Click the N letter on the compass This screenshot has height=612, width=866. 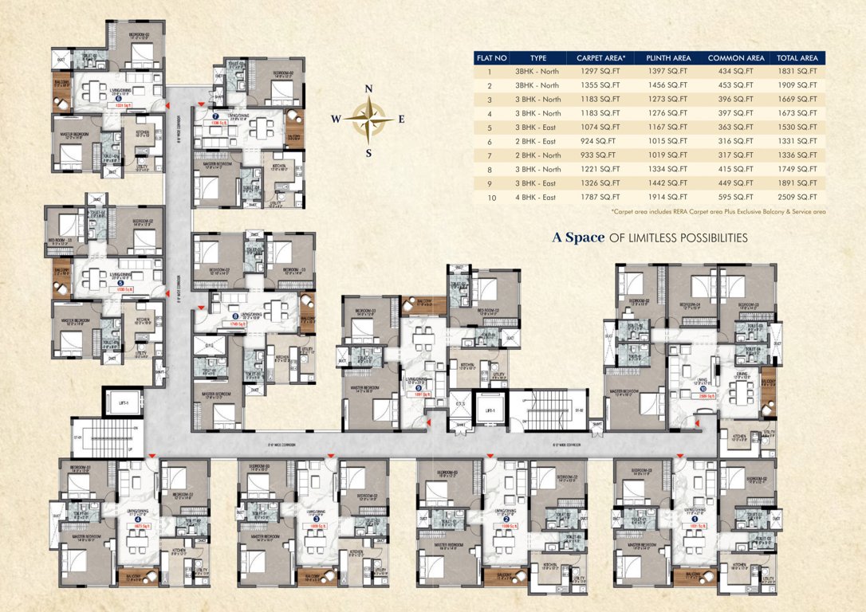click(x=368, y=90)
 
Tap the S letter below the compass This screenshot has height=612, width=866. click(x=368, y=154)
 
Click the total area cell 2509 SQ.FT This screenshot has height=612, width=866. click(x=797, y=197)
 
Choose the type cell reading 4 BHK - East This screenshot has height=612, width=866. click(x=535, y=197)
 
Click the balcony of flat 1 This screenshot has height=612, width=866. click(x=693, y=576)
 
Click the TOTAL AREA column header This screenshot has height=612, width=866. click(x=797, y=58)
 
